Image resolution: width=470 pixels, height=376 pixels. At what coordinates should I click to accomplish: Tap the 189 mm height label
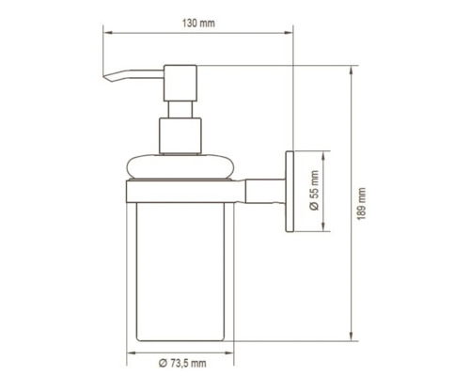(x=362, y=201)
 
